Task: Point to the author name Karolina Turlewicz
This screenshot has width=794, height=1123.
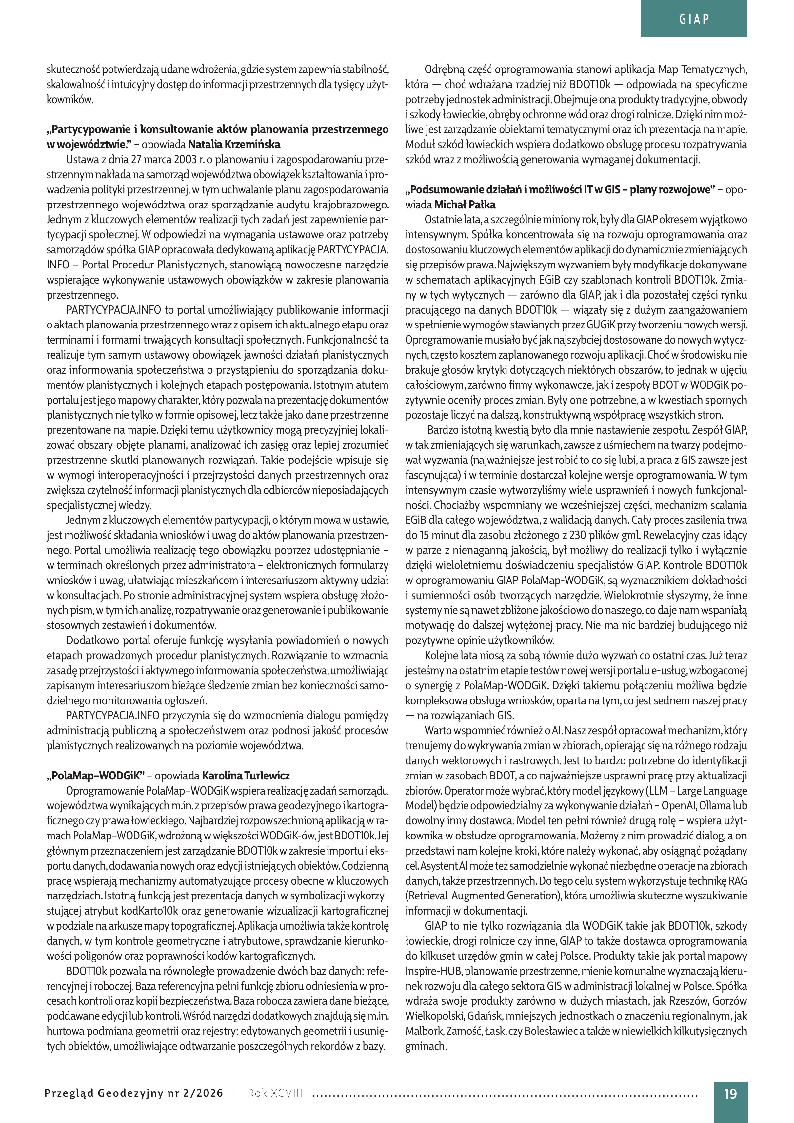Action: point(246,776)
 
